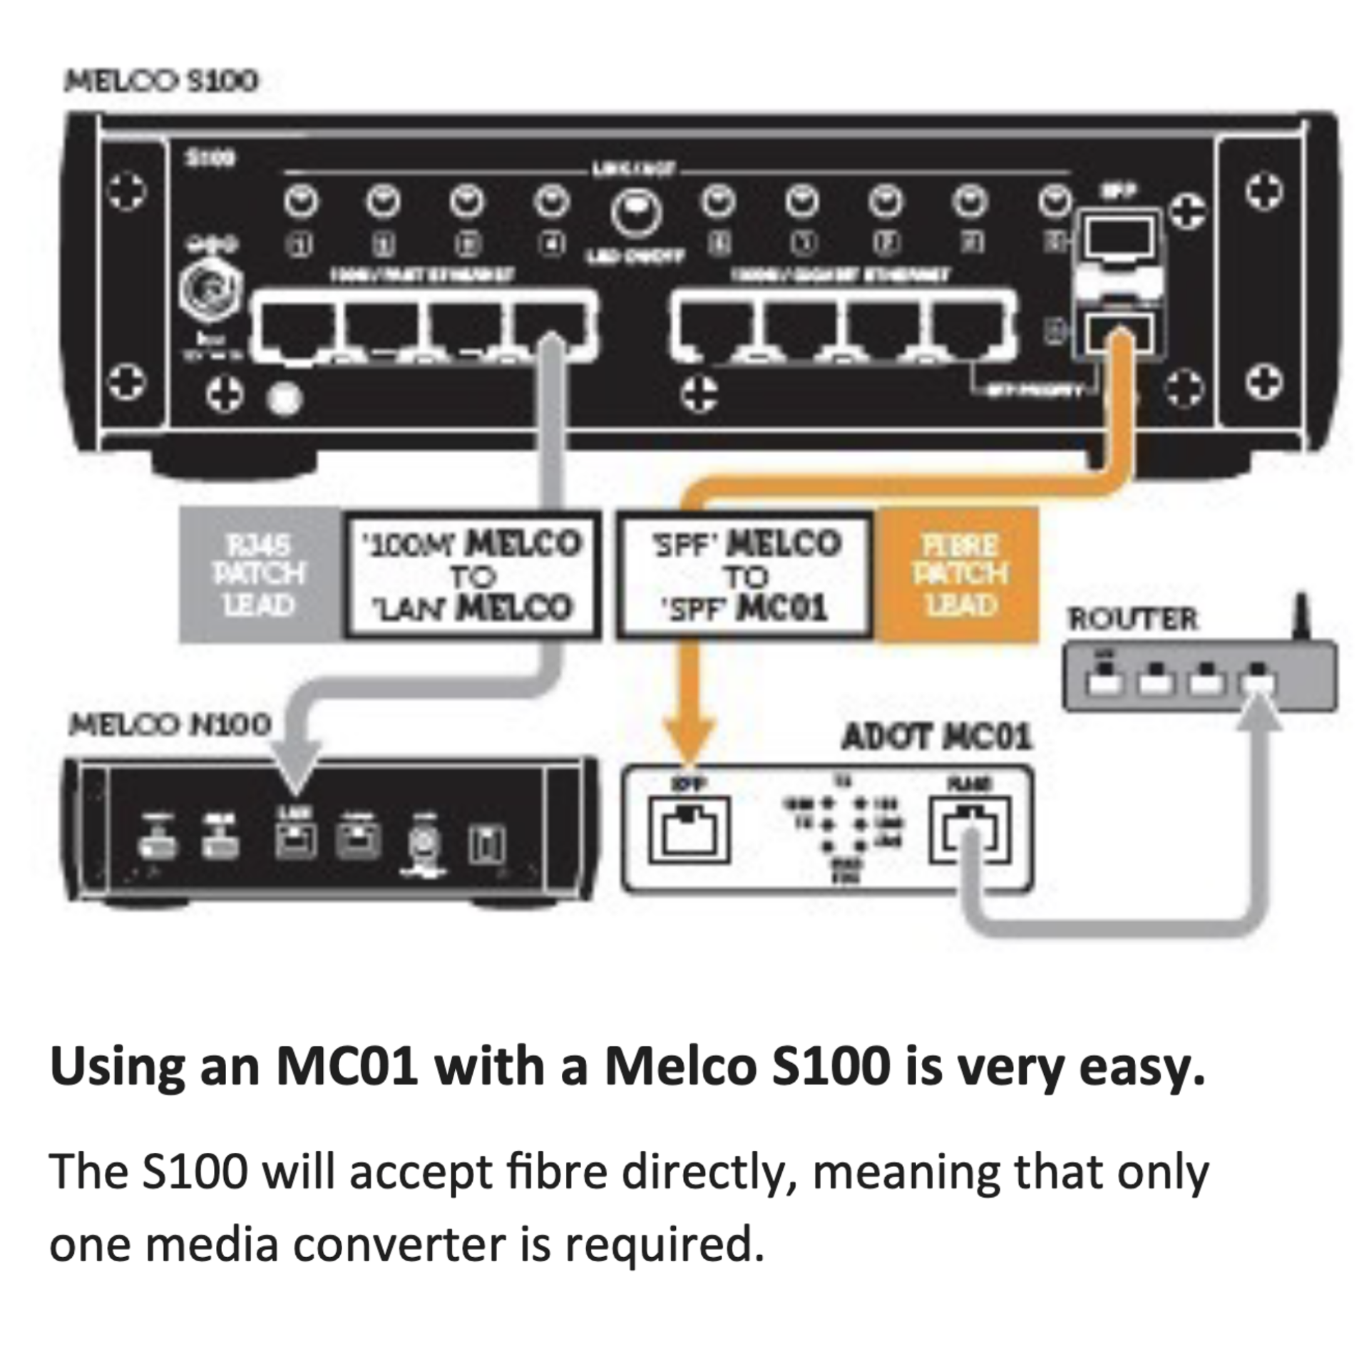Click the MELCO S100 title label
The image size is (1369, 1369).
[x=161, y=81]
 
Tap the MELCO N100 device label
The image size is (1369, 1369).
[x=170, y=725]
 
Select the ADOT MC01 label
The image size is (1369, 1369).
[x=936, y=737]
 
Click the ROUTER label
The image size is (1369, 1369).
[x=1132, y=619]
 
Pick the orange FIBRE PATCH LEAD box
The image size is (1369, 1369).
[x=959, y=575]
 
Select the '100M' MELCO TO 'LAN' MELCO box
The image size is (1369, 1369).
[x=471, y=575]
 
